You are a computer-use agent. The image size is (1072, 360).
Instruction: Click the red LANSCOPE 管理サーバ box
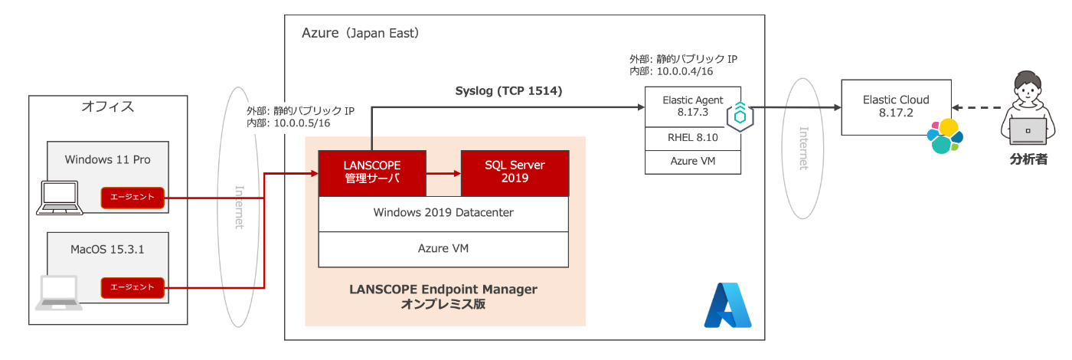(372, 173)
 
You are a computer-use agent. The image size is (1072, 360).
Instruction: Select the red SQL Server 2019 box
(515, 173)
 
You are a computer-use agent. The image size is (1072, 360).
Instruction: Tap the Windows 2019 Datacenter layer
(443, 214)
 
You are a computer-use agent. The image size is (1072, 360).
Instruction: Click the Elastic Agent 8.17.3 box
(692, 106)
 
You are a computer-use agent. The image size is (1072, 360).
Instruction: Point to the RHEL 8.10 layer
(692, 139)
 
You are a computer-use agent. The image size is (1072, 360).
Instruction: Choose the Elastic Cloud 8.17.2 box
(896, 107)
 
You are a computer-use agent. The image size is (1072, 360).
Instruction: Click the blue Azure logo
(727, 305)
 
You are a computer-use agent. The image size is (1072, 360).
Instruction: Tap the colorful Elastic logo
(945, 136)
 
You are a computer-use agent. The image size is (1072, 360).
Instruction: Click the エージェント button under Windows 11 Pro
(132, 198)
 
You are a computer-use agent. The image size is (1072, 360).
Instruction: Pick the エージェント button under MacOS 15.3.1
(132, 287)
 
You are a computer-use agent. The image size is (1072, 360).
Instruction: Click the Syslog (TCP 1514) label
(508, 91)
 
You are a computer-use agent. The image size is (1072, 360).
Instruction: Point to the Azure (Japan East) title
(361, 33)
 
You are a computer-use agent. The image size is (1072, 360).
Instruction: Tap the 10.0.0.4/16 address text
(685, 71)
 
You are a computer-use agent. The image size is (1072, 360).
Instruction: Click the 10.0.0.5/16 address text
(302, 123)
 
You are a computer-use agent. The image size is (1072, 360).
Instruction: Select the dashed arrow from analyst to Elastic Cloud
(976, 108)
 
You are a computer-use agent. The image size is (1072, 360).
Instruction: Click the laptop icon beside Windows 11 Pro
(60, 198)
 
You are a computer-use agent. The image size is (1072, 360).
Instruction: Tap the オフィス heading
(108, 106)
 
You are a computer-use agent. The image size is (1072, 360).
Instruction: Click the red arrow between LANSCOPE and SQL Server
(443, 173)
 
